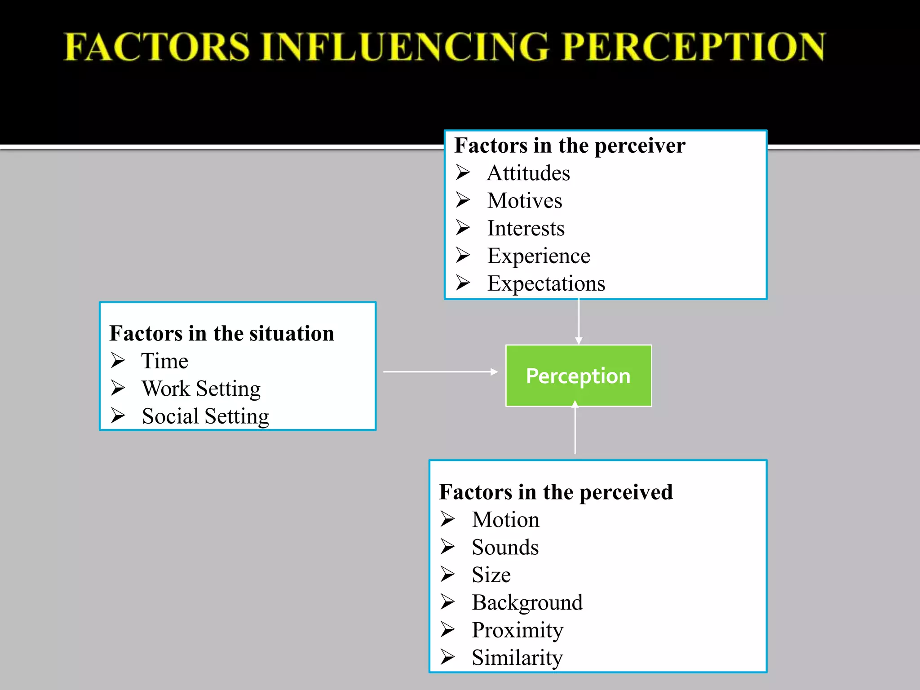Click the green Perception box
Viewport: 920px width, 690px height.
click(x=579, y=376)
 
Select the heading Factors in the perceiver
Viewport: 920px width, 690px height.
click(x=570, y=146)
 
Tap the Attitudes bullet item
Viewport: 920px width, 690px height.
click(x=528, y=173)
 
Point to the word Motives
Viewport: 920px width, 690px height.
click(x=525, y=201)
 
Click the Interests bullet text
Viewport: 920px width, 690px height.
click(x=526, y=228)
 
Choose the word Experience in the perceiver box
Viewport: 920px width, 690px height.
click(x=539, y=256)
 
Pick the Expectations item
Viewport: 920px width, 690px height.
click(x=546, y=284)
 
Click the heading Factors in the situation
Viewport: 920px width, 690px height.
click(x=222, y=333)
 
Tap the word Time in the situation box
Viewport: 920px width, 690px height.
click(x=165, y=361)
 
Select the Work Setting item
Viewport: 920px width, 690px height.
click(x=201, y=389)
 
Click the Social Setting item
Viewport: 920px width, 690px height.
click(x=205, y=416)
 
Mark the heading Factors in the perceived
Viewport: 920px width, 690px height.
click(x=556, y=492)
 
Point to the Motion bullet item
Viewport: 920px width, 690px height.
click(x=505, y=520)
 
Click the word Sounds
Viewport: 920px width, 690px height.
click(x=505, y=548)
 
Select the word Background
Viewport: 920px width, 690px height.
click(x=527, y=603)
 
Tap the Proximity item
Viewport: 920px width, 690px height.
click(x=517, y=630)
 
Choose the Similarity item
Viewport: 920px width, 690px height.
click(x=517, y=658)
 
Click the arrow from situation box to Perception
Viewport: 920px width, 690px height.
click(x=440, y=372)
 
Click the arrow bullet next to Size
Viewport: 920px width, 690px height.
click(x=447, y=575)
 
